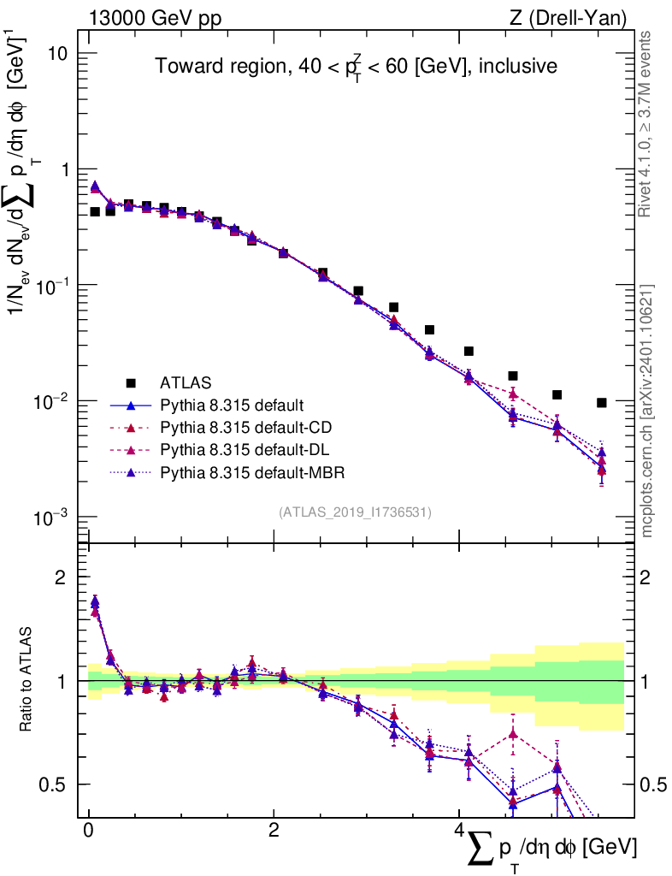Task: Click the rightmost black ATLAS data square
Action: click(602, 403)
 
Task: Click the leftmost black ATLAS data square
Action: click(95, 211)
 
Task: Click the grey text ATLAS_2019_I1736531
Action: click(355, 512)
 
